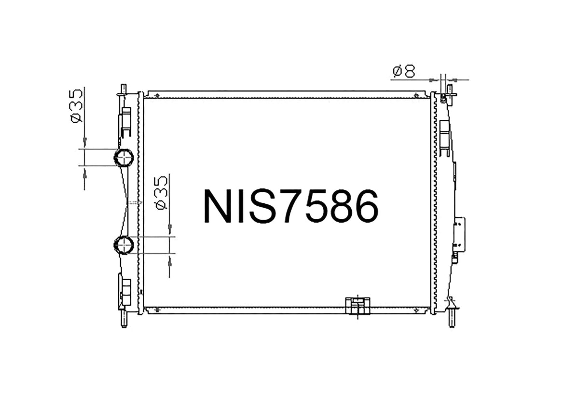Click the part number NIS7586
pos(291,206)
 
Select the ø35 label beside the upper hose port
pos(76,106)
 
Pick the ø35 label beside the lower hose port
pos(161,193)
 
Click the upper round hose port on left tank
pos(124,157)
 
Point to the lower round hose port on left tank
pos(124,245)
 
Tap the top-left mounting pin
pos(124,90)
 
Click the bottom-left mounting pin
pos(124,321)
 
